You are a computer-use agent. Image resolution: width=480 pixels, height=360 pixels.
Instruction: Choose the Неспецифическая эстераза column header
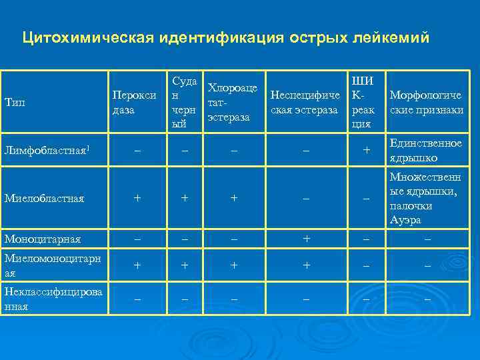click(305, 102)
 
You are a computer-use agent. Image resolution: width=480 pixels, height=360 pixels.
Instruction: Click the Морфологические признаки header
click(427, 102)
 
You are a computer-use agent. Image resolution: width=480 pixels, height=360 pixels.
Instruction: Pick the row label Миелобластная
click(44, 198)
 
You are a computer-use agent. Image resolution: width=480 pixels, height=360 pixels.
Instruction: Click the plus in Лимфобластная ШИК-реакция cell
click(365, 151)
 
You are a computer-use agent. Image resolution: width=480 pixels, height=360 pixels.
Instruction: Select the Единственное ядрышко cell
click(426, 151)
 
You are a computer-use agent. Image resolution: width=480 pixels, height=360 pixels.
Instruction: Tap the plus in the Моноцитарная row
click(306, 239)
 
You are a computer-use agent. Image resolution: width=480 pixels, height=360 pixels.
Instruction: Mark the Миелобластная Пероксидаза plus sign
click(137, 198)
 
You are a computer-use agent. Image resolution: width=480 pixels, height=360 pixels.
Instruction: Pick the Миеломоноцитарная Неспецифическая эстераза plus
click(306, 265)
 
